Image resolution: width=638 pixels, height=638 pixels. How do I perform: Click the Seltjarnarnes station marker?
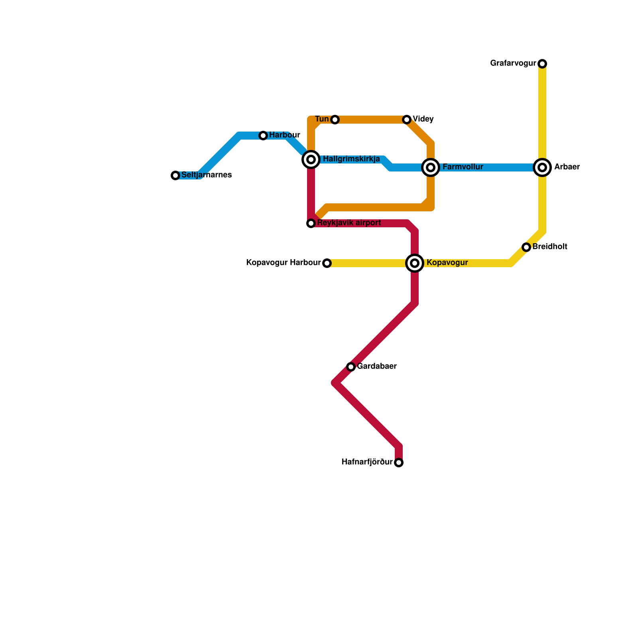point(175,175)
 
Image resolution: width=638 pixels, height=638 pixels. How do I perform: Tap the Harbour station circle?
point(263,136)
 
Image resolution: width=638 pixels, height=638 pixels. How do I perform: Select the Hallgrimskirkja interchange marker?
point(311,159)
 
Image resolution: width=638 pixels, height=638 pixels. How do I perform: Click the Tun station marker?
point(335,120)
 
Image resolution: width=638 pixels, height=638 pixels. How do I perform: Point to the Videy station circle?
point(407,120)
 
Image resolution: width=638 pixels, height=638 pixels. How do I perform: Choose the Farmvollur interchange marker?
point(431,167)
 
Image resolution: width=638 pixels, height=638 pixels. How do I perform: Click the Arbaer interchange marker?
point(542,167)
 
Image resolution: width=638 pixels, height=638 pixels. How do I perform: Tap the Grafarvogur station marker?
point(542,64)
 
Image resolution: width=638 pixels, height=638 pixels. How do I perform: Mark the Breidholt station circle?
point(526,247)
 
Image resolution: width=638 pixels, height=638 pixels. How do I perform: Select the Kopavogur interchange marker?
point(415,263)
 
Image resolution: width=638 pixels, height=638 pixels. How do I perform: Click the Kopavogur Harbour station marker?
point(327,263)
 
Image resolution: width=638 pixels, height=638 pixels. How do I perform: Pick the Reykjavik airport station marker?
point(311,223)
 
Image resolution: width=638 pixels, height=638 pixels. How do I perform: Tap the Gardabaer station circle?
point(351,367)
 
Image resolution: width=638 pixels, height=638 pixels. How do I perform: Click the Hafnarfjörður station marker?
point(399,463)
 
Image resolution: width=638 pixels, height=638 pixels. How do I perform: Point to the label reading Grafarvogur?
point(513,63)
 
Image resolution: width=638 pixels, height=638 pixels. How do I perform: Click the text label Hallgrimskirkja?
point(351,159)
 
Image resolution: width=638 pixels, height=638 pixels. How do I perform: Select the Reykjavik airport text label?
point(349,223)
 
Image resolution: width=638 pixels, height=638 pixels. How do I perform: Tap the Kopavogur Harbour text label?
point(284,263)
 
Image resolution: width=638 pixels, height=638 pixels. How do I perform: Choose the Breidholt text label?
point(550,247)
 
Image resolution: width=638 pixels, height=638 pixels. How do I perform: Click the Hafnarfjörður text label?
point(367,462)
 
